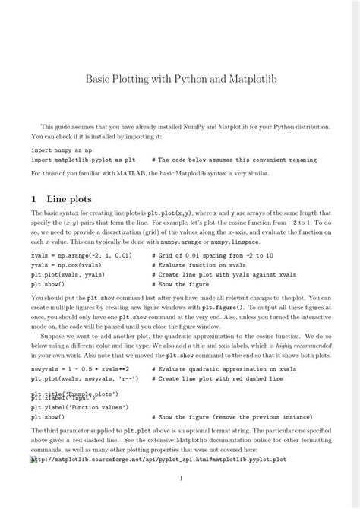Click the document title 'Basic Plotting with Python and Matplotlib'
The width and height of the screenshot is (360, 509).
click(x=180, y=78)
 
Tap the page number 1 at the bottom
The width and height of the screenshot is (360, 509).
click(x=180, y=479)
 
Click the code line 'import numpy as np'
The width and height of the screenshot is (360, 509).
click(x=60, y=151)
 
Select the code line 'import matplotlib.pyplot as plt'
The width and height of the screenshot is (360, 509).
click(x=84, y=161)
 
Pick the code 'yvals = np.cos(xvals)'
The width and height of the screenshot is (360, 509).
click(x=68, y=267)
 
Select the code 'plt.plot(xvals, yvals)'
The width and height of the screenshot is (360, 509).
click(x=70, y=275)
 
